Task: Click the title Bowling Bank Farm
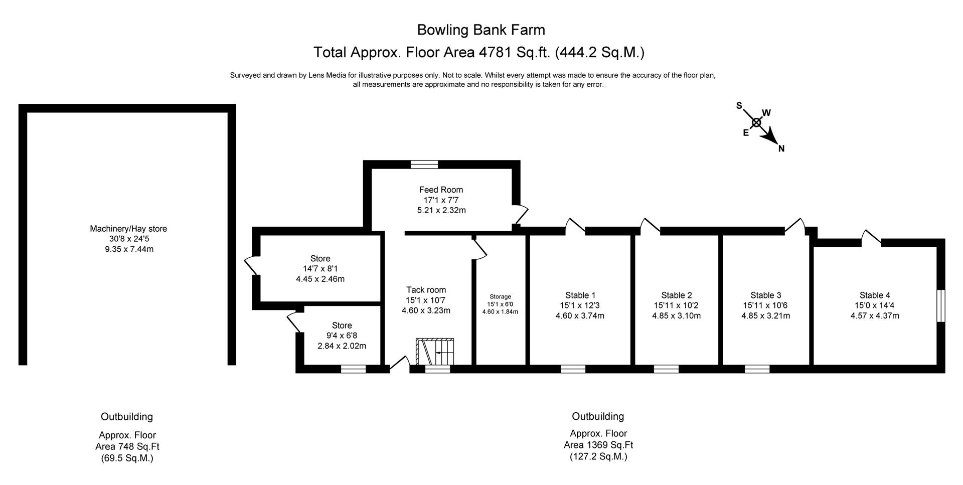(481, 30)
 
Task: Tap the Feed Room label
(441, 190)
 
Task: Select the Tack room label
(426, 290)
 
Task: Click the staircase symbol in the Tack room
(435, 352)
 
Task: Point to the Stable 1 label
(580, 295)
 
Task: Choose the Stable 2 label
(677, 295)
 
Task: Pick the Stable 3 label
(766, 295)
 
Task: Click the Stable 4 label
(875, 295)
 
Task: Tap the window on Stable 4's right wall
(941, 305)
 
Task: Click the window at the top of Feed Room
(424, 164)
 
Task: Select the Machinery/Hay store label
(128, 229)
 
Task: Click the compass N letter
(781, 148)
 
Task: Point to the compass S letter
(739, 105)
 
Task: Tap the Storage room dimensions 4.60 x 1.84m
(500, 311)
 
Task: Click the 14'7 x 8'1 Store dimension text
(320, 269)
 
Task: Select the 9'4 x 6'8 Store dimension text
(342, 336)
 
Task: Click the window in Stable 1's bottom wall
(573, 369)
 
